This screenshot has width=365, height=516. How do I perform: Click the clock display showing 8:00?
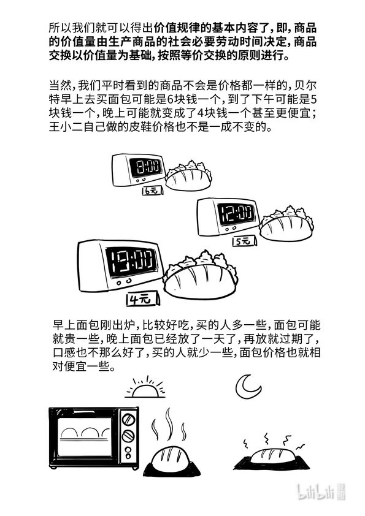tap(145, 167)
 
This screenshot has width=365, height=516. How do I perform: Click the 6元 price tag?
tap(152, 191)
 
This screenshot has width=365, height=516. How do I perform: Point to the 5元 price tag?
tap(245, 241)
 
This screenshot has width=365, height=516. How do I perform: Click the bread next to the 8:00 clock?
tap(188, 176)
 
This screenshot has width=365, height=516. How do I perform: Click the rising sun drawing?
tap(145, 388)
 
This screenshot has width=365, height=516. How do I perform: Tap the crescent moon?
tap(248, 387)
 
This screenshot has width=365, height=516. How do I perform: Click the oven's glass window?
tap(85, 436)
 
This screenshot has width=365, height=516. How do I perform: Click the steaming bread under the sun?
tap(171, 460)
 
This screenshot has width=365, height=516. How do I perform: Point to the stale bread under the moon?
tap(272, 458)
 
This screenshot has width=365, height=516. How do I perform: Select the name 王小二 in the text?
tap(66, 127)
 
